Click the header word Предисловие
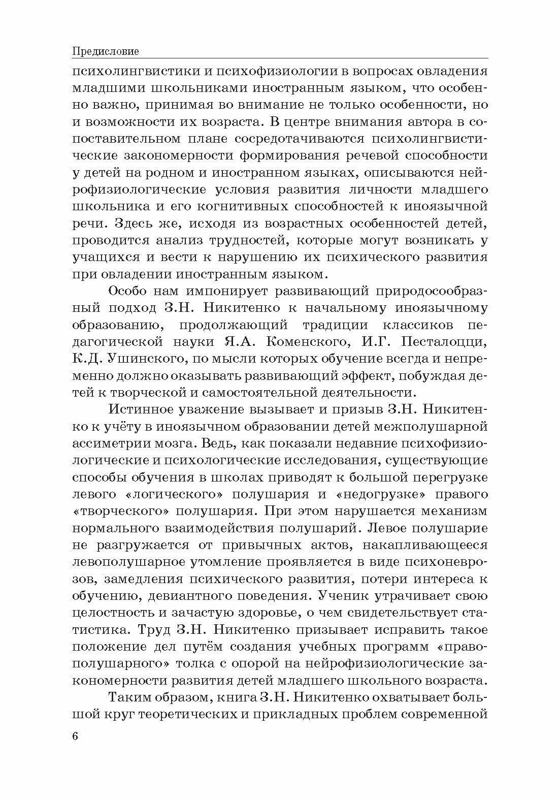coord(106,51)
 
